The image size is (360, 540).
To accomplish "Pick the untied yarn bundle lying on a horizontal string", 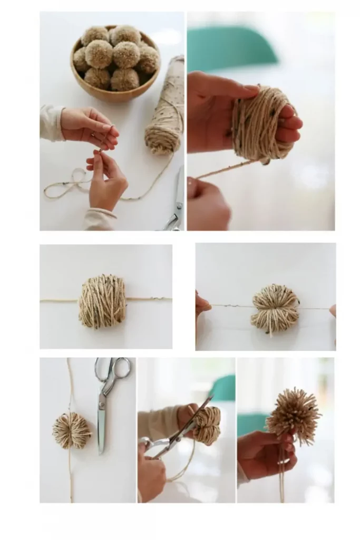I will [102, 301].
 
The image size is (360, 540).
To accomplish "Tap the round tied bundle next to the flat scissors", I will [71, 430].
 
